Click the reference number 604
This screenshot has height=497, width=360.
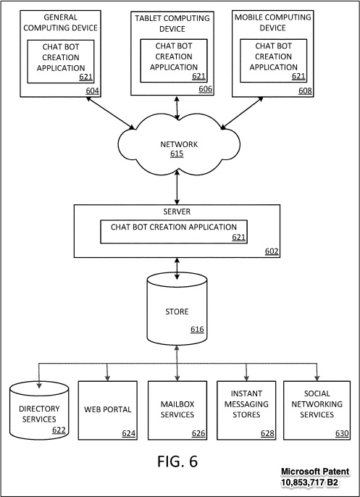(x=92, y=91)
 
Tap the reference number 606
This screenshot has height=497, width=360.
(x=206, y=89)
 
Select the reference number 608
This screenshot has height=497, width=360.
(x=305, y=91)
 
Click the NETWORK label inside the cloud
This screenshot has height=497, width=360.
(x=179, y=144)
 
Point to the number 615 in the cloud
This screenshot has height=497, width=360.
(x=177, y=154)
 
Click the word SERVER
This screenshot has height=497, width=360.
(x=177, y=212)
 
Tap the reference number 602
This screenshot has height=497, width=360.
(x=272, y=251)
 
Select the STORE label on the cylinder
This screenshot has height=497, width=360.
(x=177, y=312)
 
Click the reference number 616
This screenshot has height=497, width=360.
(x=197, y=330)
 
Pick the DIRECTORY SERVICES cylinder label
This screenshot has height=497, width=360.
(x=39, y=414)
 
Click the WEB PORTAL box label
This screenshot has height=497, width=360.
(x=108, y=409)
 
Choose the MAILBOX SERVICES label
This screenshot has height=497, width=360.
(x=177, y=409)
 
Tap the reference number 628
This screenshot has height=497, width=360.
(x=267, y=433)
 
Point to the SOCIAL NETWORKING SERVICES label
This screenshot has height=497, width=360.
(x=317, y=404)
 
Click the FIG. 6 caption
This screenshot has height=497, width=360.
(x=177, y=461)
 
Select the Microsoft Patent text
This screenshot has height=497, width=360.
(x=315, y=472)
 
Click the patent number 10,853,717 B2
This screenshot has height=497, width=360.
(x=309, y=483)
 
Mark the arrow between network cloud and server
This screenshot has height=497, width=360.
(x=177, y=188)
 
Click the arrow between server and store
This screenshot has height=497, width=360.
(x=177, y=269)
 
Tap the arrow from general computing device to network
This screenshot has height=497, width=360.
(x=110, y=113)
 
